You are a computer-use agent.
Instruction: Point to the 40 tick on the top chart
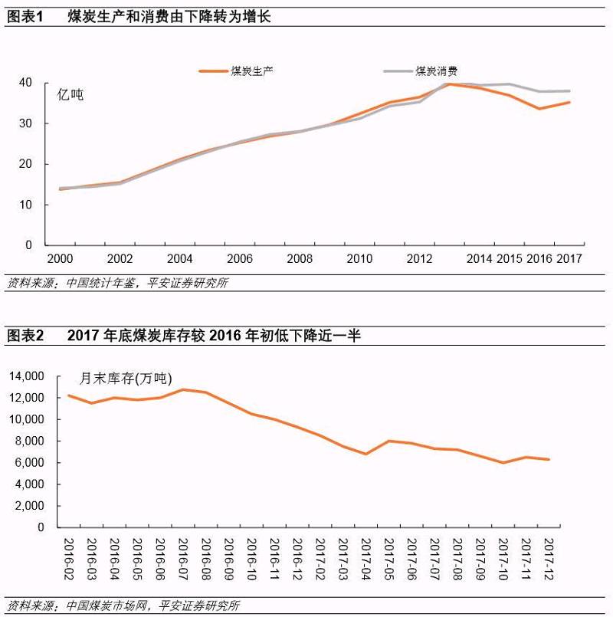pos(26,82)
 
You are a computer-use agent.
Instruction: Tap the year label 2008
pos(300,259)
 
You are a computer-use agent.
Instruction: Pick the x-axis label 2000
pos(60,259)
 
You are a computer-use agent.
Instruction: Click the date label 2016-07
pos(183,559)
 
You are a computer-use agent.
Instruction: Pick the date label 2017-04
pos(366,559)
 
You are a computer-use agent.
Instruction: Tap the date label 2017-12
pos(549,559)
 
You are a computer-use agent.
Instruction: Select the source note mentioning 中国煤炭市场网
pos(123,606)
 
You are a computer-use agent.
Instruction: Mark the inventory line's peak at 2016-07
pos(183,389)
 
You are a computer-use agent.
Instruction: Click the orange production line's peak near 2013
pos(450,84)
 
